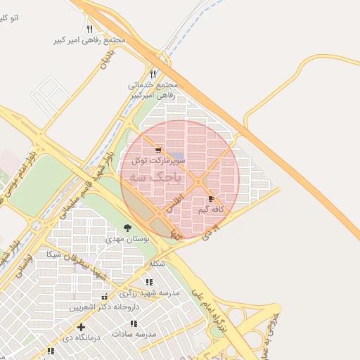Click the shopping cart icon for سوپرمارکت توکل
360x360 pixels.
coord(158,150)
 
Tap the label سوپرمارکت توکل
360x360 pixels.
coord(158,161)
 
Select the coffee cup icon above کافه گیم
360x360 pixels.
coord(212,199)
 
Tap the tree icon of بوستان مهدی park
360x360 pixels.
coord(127,228)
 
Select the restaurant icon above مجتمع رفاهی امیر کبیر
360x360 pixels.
coord(89,29)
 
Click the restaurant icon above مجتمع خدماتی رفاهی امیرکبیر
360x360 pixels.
coord(153,73)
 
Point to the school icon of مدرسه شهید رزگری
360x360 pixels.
coord(149,281)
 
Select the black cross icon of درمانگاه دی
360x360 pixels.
coord(82,327)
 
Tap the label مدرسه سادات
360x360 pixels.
coord(133,333)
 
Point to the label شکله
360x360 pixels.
coord(157,264)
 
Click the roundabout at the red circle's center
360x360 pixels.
coord(198,182)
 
